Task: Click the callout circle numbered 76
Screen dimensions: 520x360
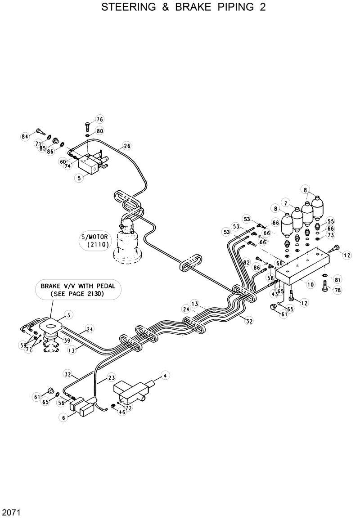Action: [99, 119]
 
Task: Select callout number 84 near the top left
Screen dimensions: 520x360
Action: [25, 136]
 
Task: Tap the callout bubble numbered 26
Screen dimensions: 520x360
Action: [127, 146]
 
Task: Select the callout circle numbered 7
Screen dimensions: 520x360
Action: [285, 202]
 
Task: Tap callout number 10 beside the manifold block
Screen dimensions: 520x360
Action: [310, 284]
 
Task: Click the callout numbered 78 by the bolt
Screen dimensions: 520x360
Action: [337, 291]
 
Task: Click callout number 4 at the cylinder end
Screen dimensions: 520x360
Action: [165, 376]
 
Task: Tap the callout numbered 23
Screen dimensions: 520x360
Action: [112, 378]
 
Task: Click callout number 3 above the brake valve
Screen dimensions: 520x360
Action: [68, 314]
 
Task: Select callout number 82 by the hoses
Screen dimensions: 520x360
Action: [246, 262]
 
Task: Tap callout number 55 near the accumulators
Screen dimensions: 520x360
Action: [331, 221]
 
